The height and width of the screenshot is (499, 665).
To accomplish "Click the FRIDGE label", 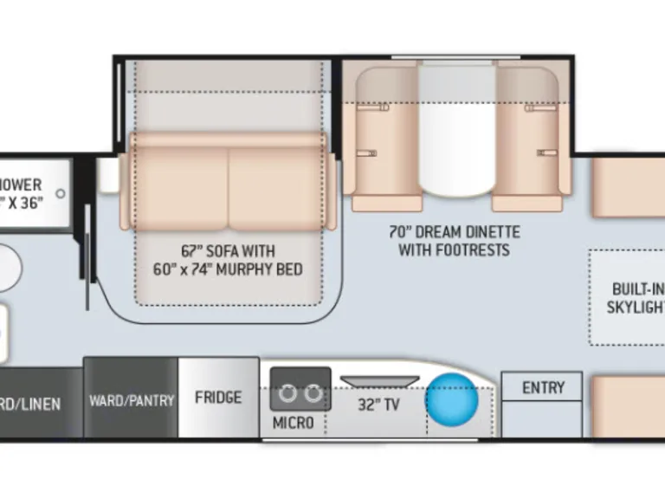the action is [218, 398].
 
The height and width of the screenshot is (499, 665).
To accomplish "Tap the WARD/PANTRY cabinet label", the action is [132, 400].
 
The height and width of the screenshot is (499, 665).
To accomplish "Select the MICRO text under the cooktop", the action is [294, 423].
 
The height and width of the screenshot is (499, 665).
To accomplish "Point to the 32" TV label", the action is [379, 405].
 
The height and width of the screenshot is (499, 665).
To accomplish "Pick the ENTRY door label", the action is [543, 387].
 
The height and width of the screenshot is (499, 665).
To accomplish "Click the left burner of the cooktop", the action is [288, 394].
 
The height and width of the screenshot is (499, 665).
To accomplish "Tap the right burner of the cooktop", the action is [313, 394].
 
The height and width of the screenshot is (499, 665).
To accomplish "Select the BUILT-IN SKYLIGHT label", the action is [636, 298].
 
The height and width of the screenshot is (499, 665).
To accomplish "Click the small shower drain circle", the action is [61, 193].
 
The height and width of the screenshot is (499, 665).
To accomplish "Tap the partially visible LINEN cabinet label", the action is [31, 404].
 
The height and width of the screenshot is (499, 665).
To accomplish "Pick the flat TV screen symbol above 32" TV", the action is [380, 381].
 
